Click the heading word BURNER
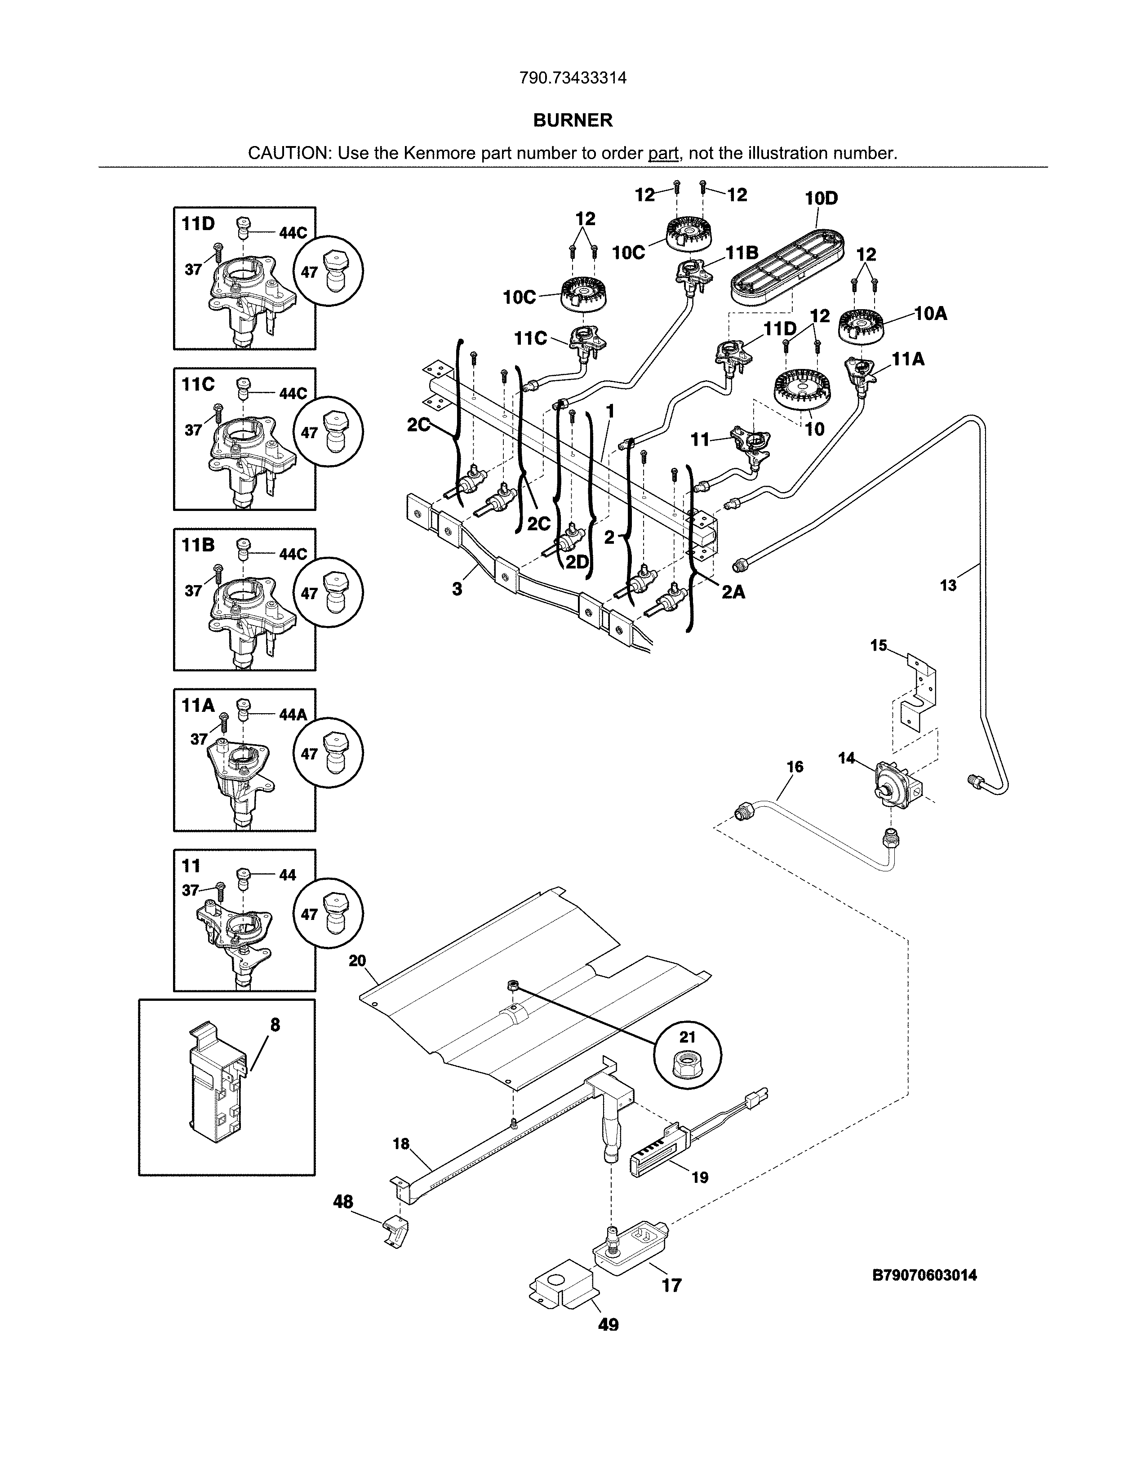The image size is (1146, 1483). click(572, 120)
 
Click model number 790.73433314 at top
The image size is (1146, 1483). click(572, 78)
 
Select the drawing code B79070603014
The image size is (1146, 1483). click(924, 1275)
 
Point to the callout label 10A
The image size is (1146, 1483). click(930, 314)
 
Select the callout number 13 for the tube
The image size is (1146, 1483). click(948, 585)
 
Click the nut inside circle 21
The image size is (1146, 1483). click(687, 1068)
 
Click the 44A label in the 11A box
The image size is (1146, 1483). click(293, 715)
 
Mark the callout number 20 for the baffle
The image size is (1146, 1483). click(357, 961)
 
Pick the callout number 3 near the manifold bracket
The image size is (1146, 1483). click(457, 589)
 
